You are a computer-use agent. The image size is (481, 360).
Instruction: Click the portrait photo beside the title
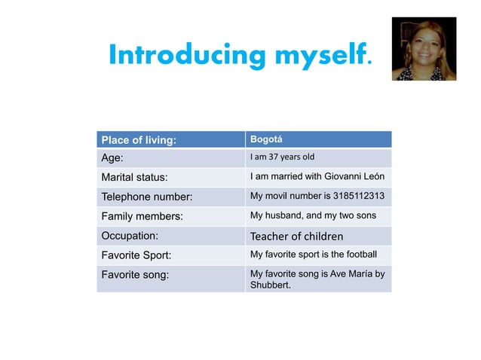click(x=424, y=49)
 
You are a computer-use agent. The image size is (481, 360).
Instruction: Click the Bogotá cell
click(x=266, y=139)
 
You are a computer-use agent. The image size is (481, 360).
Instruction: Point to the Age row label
click(x=112, y=158)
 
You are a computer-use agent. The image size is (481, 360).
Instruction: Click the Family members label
click(x=142, y=217)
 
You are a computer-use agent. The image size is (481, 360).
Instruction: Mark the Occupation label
click(x=130, y=236)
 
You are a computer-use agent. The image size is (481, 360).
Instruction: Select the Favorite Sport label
click(x=138, y=255)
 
